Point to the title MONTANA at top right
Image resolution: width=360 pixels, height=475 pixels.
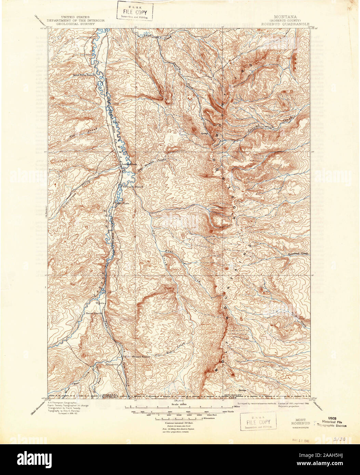click(285, 17)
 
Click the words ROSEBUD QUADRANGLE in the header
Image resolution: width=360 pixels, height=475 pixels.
click(285, 24)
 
